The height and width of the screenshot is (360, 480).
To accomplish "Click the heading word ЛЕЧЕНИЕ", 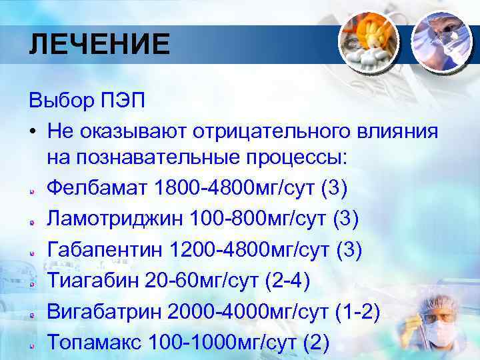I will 99,45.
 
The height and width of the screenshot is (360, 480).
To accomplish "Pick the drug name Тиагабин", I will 91,279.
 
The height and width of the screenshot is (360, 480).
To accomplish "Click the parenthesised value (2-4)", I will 286,279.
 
